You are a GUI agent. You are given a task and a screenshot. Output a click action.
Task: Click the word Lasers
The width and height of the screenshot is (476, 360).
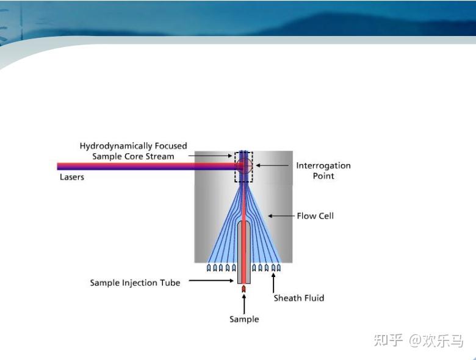72,178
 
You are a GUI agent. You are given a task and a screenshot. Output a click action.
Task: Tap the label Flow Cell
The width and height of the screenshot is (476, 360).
315,216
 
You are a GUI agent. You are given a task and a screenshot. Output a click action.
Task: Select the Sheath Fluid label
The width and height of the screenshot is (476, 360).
298,298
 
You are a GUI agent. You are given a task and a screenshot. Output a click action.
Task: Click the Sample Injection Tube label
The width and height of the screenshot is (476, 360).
135,283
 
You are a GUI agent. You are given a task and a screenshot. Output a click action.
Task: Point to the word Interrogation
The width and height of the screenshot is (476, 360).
323,165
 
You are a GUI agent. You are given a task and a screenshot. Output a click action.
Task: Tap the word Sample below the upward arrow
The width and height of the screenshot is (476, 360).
244,319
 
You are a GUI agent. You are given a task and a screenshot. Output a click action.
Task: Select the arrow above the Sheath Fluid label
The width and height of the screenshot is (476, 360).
273,283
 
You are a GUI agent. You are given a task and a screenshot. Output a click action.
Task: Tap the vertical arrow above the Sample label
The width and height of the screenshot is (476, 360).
244,303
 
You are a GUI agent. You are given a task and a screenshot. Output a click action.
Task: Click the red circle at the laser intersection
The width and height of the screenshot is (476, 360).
244,166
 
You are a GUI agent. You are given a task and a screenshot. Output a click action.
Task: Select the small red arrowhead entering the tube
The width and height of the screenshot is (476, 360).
243,288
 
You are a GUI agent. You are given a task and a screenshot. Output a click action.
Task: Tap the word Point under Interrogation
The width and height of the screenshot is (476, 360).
323,176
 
